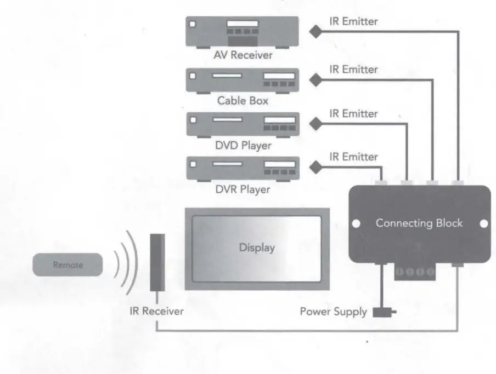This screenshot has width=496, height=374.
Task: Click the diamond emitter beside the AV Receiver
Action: [316, 32]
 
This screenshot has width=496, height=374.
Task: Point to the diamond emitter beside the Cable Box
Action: [316, 80]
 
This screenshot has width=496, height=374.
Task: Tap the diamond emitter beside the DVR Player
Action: [316, 167]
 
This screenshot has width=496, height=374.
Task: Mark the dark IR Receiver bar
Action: [157, 262]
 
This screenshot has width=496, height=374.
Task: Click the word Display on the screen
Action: [257, 248]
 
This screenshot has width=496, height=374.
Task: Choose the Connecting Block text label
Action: [419, 223]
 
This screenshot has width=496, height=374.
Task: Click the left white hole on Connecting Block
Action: [356, 224]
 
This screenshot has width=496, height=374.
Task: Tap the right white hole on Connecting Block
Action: [483, 224]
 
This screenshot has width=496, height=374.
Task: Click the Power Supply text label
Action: [333, 312]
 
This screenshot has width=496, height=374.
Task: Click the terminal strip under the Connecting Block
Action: [415, 271]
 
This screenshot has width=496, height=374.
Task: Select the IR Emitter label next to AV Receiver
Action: [353, 22]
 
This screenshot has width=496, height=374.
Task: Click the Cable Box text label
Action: [242, 101]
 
